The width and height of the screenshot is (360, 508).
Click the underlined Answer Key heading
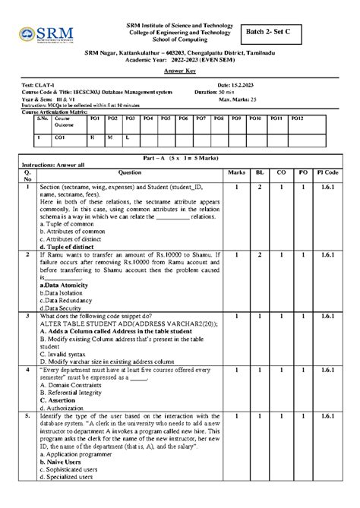180,68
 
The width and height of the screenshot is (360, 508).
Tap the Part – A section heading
180,156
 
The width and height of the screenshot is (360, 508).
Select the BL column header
259,172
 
